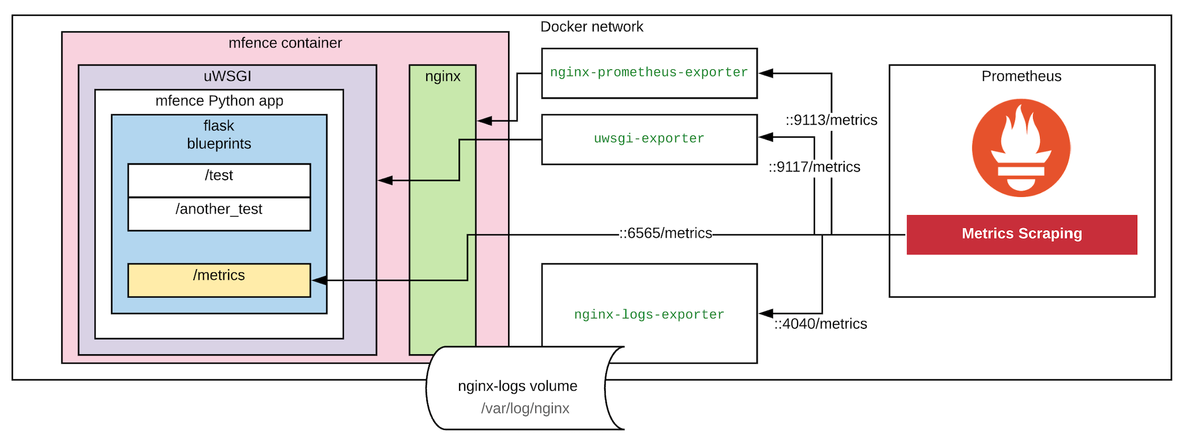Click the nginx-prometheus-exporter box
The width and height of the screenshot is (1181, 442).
649,73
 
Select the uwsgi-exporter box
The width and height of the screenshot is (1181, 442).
649,139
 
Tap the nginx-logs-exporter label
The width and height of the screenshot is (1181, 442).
649,315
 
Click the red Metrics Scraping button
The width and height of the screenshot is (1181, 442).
1021,234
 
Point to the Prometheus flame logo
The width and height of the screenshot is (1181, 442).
1021,148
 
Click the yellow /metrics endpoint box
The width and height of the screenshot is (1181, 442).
219,280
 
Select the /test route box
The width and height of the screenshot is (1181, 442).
219,180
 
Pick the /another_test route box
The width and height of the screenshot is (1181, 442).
219,214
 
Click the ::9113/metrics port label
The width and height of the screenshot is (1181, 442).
831,120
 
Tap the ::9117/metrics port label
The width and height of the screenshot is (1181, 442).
814,167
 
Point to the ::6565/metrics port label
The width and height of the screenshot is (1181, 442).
666,233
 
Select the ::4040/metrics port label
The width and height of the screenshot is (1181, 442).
821,324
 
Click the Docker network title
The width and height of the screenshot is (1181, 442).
592,26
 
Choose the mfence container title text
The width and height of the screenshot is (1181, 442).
285,43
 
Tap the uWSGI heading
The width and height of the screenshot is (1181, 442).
228,76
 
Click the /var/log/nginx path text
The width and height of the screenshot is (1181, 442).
525,408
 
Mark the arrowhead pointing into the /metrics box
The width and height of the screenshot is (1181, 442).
319,280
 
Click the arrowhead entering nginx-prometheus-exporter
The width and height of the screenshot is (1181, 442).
766,73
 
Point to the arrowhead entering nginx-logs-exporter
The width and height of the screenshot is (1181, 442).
766,314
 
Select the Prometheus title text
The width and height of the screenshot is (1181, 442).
1021,76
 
